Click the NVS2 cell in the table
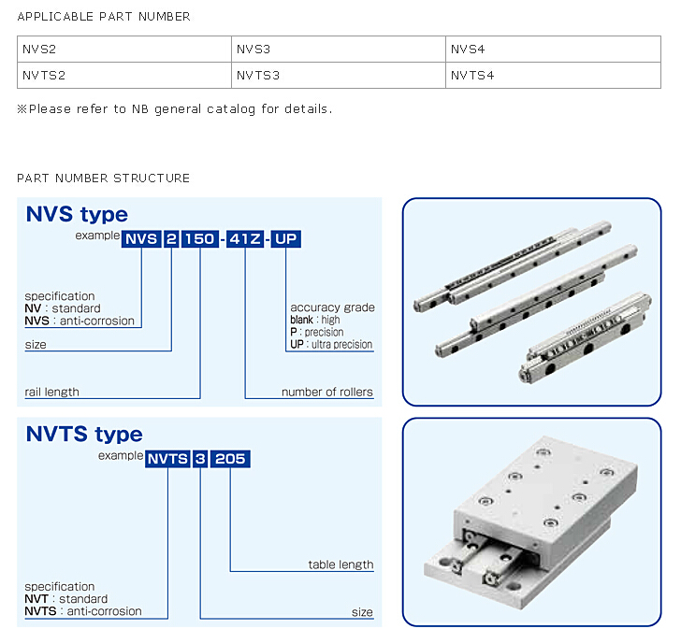[124, 49]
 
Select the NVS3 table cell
[338, 49]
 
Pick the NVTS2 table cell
[124, 75]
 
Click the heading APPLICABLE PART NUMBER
[103, 16]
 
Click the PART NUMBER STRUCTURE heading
[103, 178]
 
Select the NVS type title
[77, 215]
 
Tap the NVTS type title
[84, 434]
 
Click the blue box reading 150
[200, 238]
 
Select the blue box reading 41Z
[245, 238]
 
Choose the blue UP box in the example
[286, 238]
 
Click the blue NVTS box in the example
[167, 458]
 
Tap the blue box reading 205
[230, 458]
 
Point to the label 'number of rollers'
[326, 392]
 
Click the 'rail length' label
[51, 392]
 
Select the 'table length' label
[340, 564]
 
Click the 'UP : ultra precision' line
[331, 344]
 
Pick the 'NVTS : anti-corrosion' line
[82, 611]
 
